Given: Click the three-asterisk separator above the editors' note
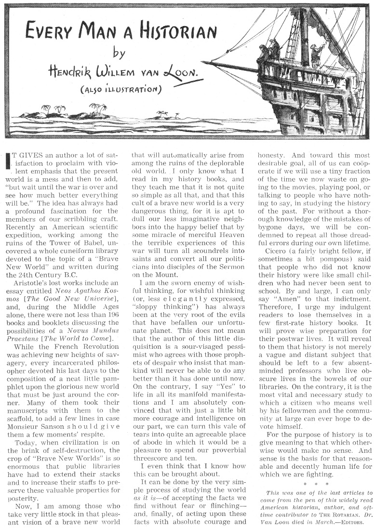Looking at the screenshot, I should [x=313, y=469].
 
